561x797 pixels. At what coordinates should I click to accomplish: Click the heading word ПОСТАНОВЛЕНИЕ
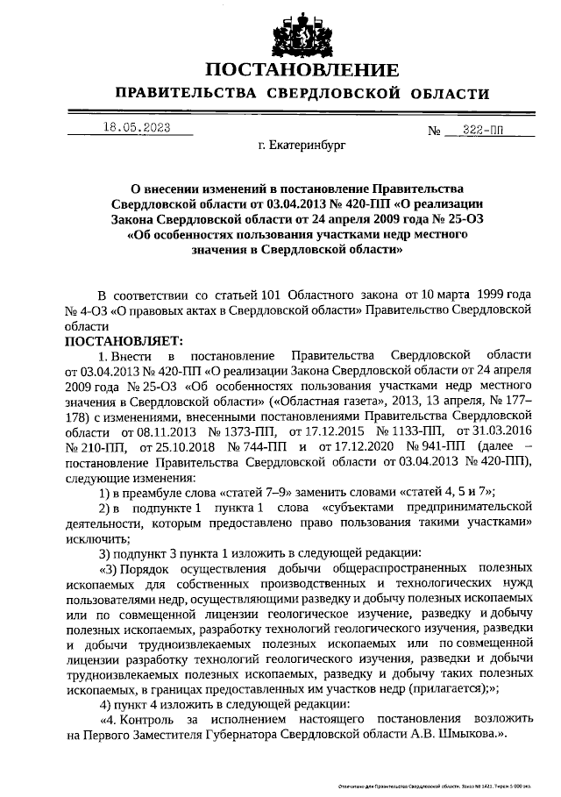302,69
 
